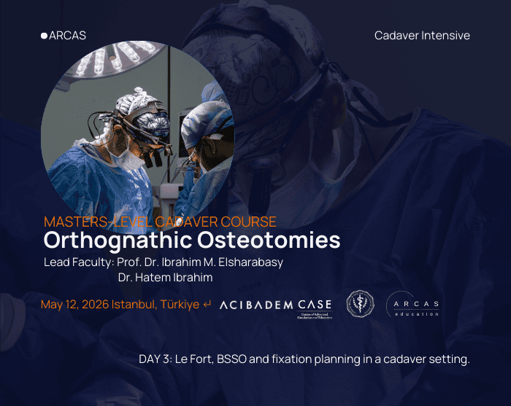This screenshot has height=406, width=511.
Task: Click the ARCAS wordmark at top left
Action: pyautogui.click(x=67, y=35)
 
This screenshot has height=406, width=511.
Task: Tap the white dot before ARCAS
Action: pyautogui.click(x=44, y=35)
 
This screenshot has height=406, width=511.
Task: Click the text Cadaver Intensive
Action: pyautogui.click(x=422, y=35)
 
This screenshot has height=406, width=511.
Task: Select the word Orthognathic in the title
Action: pyautogui.click(x=109, y=240)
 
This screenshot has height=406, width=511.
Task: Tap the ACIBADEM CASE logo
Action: pyautogui.click(x=275, y=305)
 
